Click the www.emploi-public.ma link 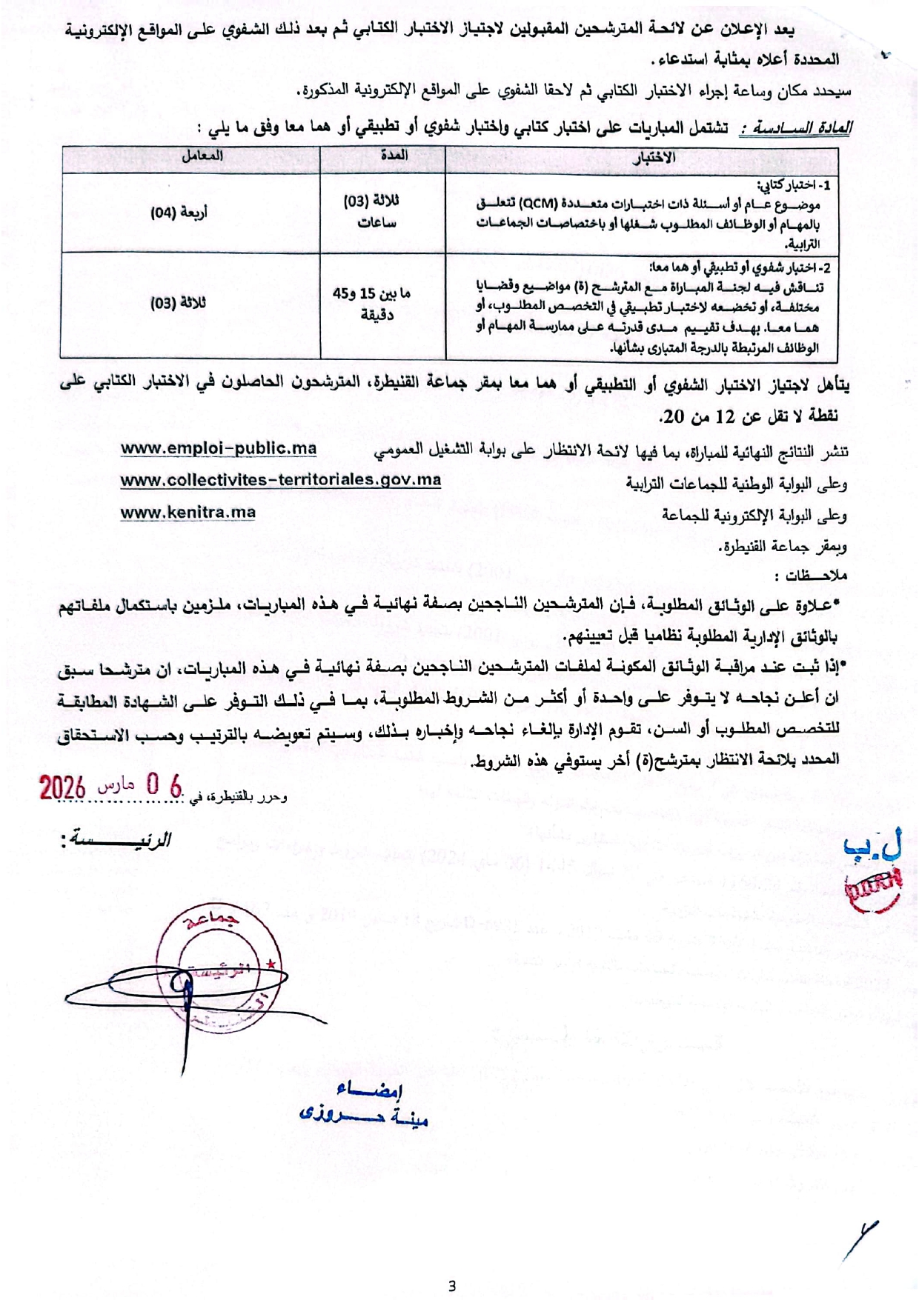click(219, 449)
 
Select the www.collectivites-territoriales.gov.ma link click(281, 480)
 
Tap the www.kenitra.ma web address click(188, 512)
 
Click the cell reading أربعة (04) click(179, 213)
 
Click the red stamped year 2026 click(62, 787)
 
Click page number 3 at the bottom click(452, 1286)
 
